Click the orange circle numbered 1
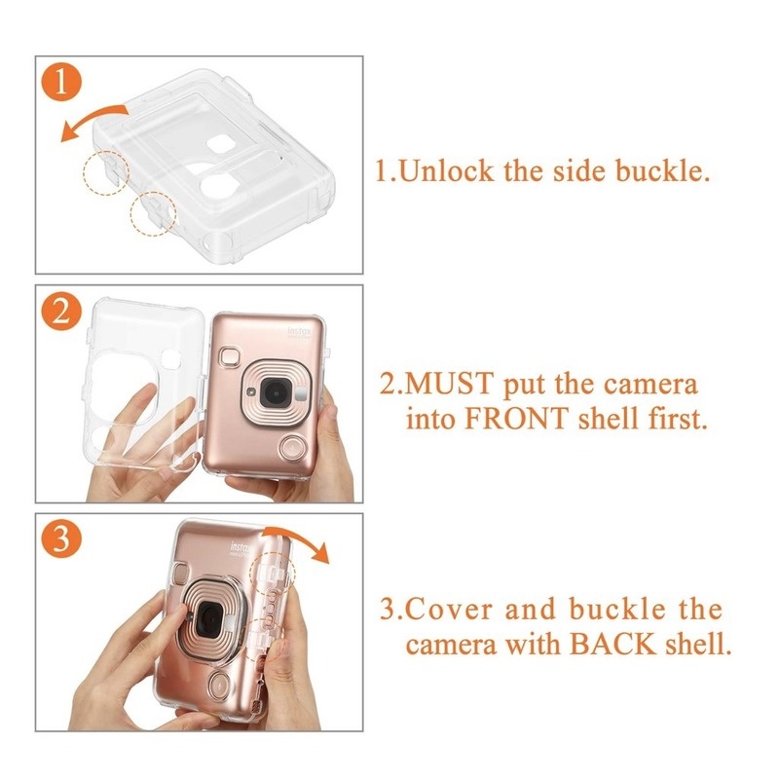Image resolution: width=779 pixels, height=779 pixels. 61,84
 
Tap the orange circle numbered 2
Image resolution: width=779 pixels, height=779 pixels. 61,313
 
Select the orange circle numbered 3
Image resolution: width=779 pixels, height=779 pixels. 61,539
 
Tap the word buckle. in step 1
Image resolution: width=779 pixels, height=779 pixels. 663,171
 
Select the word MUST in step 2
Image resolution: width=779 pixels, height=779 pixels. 450,385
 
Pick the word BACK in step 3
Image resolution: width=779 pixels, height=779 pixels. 612,645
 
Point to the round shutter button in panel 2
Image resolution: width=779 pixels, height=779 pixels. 291,448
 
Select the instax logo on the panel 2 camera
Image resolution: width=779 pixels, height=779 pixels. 300,332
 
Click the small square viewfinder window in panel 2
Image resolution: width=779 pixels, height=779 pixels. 231,357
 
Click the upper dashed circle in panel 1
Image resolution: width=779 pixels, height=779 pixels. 106,172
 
